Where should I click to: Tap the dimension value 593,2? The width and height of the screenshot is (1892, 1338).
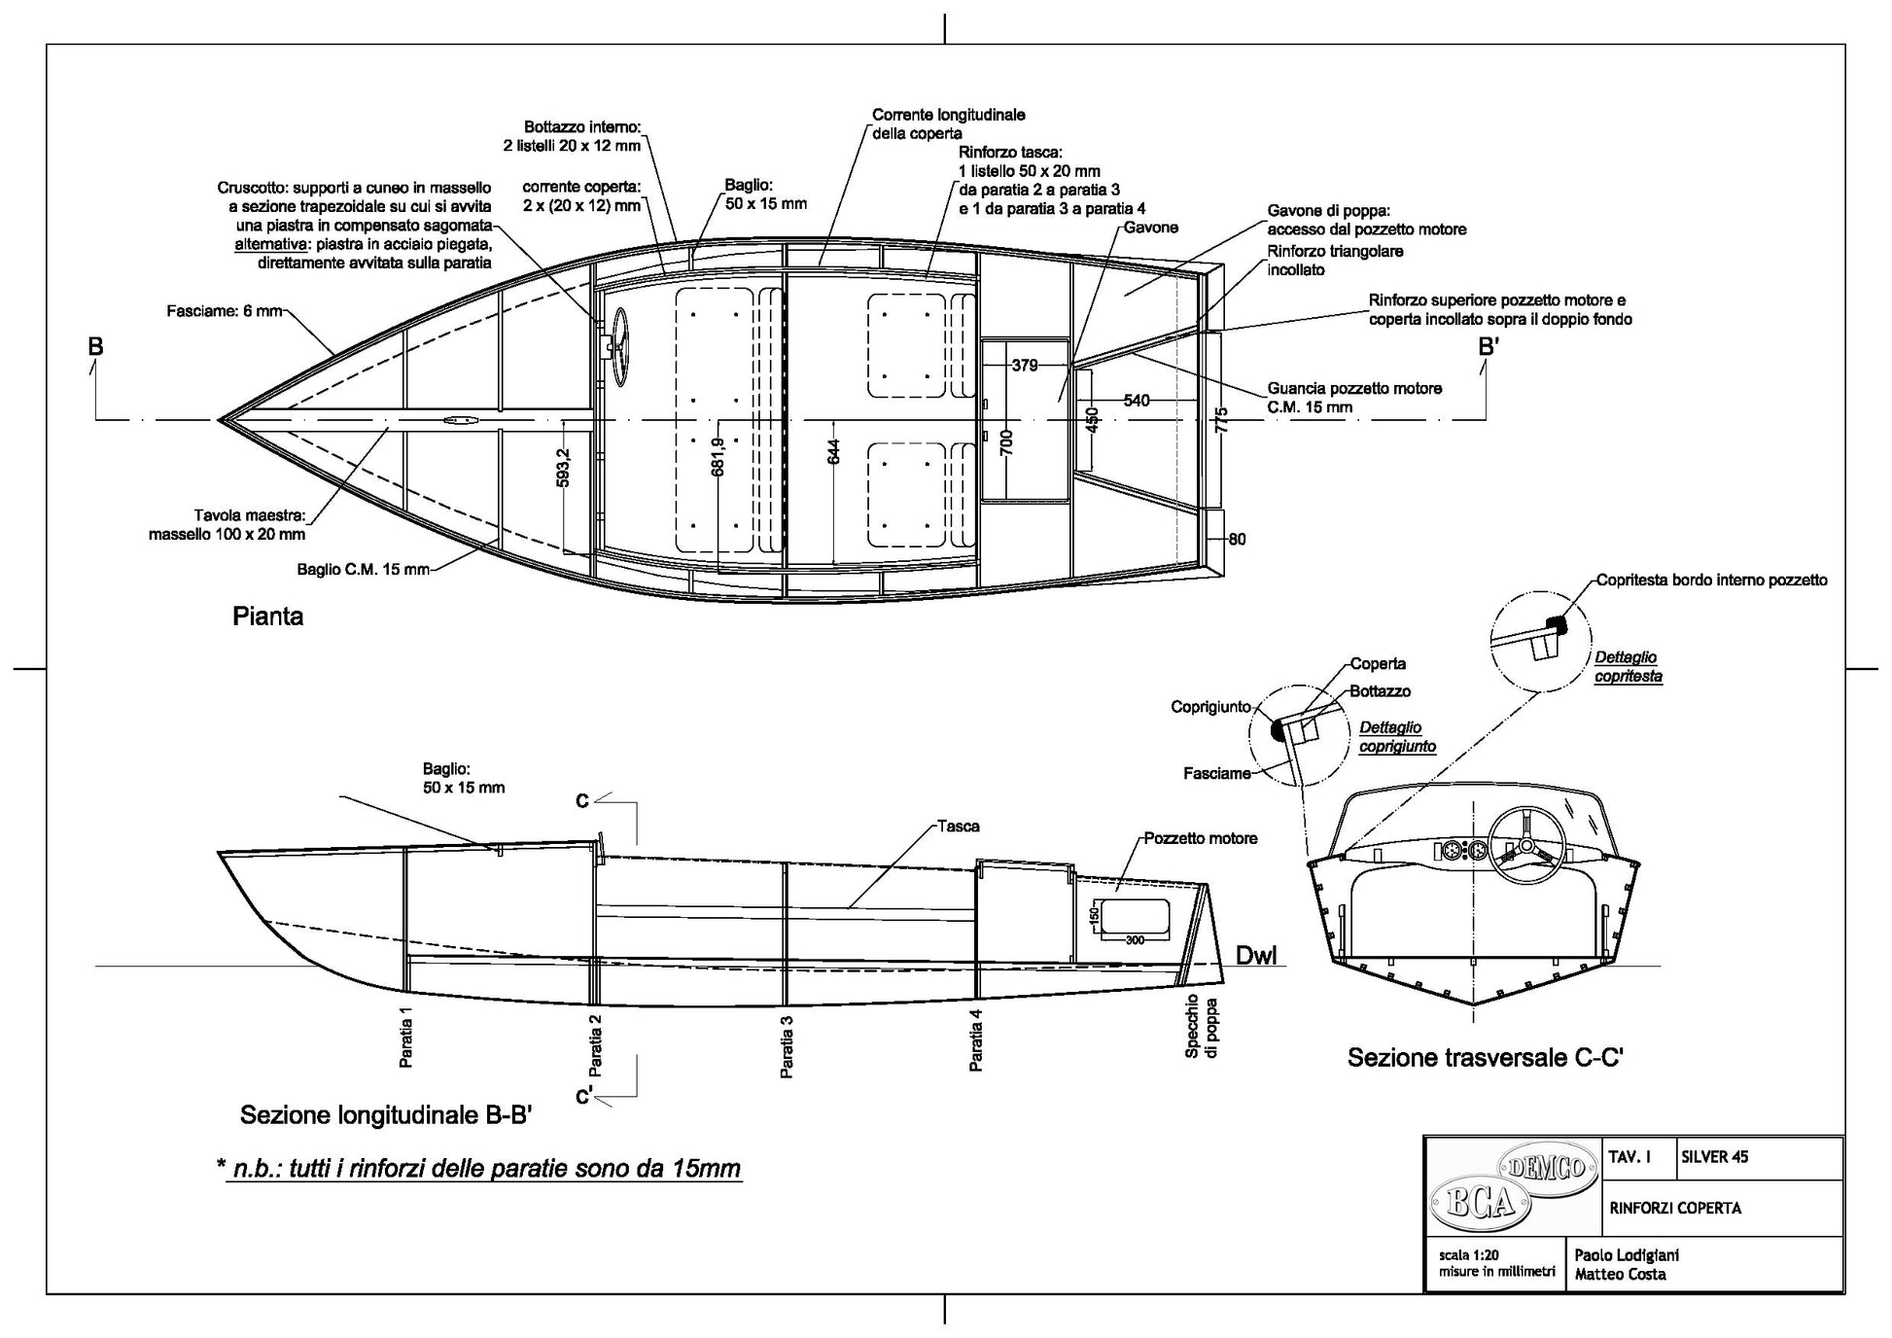tap(564, 467)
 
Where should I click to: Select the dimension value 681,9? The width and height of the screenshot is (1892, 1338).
tap(718, 456)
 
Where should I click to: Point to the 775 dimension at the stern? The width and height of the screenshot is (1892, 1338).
tap(1222, 420)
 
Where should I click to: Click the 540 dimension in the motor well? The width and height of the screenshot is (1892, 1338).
tap(1136, 401)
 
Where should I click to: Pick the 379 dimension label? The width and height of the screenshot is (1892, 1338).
tap(1025, 366)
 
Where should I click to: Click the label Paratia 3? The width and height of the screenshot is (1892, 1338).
tap(788, 1047)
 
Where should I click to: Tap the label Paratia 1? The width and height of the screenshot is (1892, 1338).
tap(407, 1038)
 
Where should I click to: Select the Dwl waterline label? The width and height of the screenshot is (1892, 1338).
tap(1255, 956)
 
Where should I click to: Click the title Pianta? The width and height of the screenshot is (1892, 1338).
tap(267, 616)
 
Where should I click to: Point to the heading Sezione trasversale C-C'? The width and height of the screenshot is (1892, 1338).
tap(1485, 1058)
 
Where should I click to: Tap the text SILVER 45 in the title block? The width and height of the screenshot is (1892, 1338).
tap(1714, 1157)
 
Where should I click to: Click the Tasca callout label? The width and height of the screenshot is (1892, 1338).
tap(958, 827)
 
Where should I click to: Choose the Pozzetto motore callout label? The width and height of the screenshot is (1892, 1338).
tap(1200, 838)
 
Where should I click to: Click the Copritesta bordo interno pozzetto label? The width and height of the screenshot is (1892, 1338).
tap(1711, 581)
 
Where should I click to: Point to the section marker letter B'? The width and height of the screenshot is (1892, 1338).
tap(1489, 347)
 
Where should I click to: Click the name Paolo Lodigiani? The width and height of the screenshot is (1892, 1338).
tap(1626, 1255)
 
